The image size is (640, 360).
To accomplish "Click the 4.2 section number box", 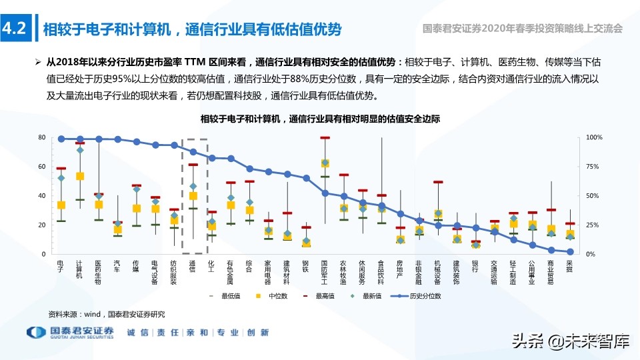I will point(14,29).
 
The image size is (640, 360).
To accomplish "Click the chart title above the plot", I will point(320,119).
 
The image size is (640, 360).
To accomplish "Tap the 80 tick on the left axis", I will point(41,137).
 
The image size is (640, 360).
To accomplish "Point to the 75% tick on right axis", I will point(594,167).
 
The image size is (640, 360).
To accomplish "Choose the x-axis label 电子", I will point(61,267).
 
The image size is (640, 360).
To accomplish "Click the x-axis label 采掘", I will point(570,267).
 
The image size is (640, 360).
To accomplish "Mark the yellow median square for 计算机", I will point(80,176).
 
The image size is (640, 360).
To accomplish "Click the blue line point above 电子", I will point(61,139).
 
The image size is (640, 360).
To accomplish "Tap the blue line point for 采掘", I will point(570,252).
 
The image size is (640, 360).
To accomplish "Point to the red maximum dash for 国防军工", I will point(325,138).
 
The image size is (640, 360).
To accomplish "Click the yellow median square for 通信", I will point(193,196).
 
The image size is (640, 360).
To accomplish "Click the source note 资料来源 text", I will point(106,313).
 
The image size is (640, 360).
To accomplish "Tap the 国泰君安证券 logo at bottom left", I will point(70,333).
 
